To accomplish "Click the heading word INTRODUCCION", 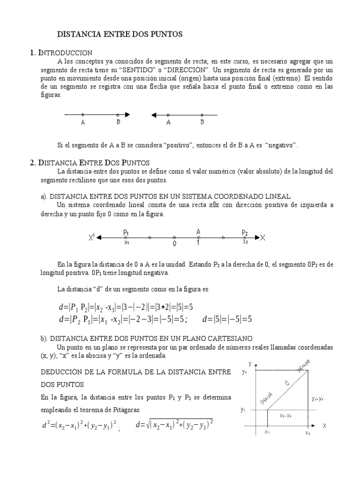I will [65, 53].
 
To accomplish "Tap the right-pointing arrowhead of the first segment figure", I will [127, 114].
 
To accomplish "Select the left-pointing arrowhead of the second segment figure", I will [154, 114].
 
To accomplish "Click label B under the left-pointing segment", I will [202, 122].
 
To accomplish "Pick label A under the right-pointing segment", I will [83, 123].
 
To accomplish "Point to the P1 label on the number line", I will [126, 232].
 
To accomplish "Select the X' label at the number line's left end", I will [91, 238].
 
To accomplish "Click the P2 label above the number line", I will [245, 232].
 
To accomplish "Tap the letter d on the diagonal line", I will [287, 384].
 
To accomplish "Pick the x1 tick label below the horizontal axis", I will [267, 433].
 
